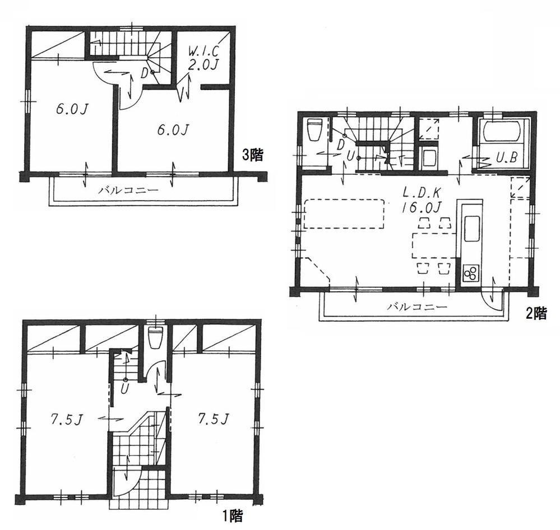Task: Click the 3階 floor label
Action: (x=252, y=155)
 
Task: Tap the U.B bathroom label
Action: (x=506, y=159)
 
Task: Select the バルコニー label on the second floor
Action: (x=417, y=307)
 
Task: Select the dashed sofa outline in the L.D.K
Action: (x=344, y=213)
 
